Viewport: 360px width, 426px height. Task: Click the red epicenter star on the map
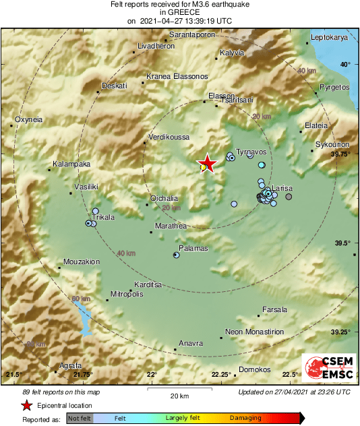(209, 163)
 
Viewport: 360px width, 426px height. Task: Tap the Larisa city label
(282, 188)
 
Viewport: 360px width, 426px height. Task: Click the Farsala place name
(274, 309)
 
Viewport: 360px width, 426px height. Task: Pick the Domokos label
(256, 369)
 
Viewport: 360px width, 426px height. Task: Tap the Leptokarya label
(329, 38)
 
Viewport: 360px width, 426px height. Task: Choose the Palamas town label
(193, 248)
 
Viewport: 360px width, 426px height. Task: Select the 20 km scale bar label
(179, 395)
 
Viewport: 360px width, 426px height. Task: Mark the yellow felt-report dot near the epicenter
(203, 166)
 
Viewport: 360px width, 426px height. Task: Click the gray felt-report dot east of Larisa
(289, 197)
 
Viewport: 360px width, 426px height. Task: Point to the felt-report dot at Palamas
(176, 255)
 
